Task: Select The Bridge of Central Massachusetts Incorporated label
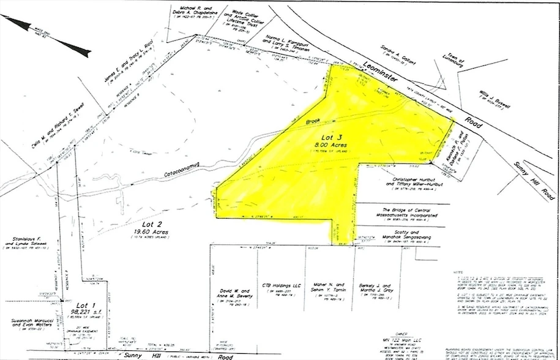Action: (x=401, y=212)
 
